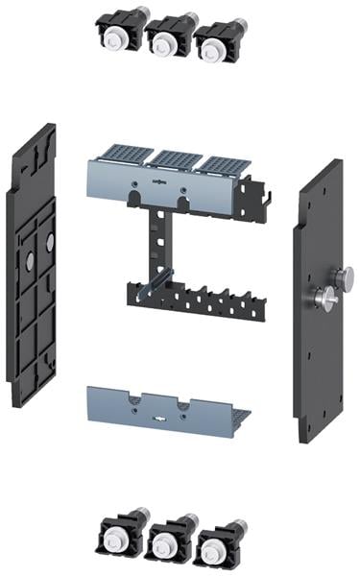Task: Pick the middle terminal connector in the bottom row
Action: point(165,541)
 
